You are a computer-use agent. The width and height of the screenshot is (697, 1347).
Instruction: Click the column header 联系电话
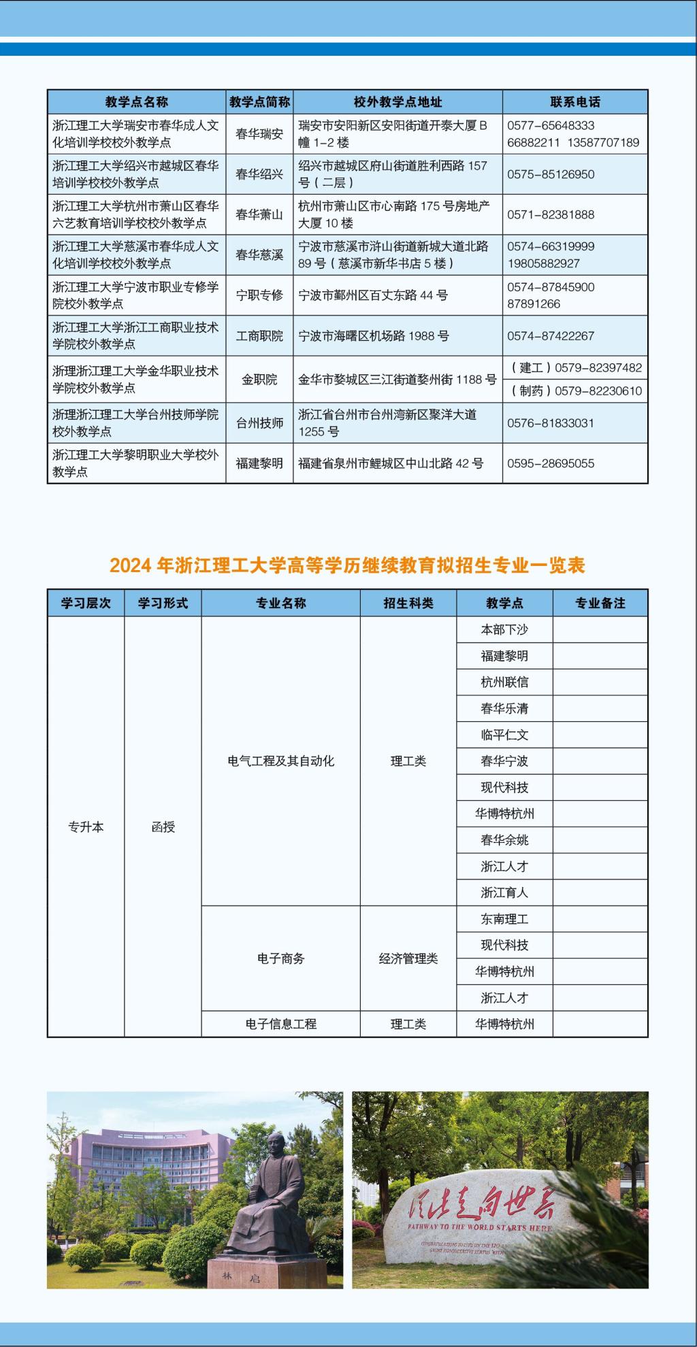click(575, 102)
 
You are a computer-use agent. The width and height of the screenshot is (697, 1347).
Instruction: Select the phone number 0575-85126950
click(551, 174)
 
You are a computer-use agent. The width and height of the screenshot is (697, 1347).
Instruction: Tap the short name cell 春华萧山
click(259, 214)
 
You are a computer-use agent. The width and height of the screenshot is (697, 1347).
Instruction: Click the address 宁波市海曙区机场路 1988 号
click(374, 335)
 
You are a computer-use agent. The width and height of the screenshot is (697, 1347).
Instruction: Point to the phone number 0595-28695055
click(551, 463)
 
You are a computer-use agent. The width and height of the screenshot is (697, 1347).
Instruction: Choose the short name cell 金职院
click(259, 379)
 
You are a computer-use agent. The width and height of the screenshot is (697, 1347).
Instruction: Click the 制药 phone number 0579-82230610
click(576, 390)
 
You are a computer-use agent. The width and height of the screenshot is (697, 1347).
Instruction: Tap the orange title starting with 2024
click(347, 565)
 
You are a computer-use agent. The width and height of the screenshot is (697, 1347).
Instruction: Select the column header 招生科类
click(408, 603)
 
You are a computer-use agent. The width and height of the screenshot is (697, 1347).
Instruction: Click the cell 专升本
click(86, 827)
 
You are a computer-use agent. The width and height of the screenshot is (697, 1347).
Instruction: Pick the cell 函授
click(163, 827)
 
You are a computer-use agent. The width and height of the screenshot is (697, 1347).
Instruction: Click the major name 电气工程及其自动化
click(280, 761)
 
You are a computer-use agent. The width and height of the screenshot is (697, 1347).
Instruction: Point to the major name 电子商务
click(280, 958)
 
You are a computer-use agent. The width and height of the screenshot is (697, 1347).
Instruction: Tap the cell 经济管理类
click(408, 958)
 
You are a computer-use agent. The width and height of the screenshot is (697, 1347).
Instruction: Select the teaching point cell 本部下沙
click(504, 629)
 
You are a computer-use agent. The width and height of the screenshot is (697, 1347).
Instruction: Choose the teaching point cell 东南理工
click(504, 918)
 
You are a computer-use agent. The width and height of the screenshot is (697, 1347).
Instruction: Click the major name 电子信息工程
click(280, 1023)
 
